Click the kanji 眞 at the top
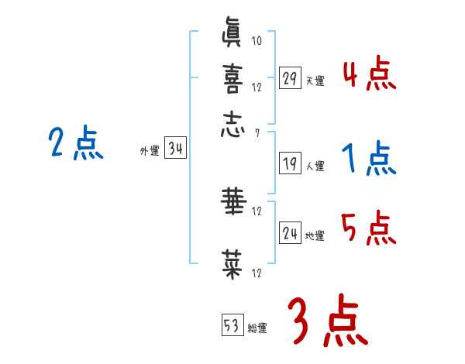point(232,36)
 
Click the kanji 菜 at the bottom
point(232,263)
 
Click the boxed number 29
point(290,77)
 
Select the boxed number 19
point(290,163)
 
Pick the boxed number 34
point(175,149)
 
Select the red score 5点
point(369,228)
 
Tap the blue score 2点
point(75,143)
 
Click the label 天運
point(315,81)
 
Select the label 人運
point(315,166)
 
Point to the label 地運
point(315,236)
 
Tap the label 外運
point(149,152)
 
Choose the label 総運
point(257,328)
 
